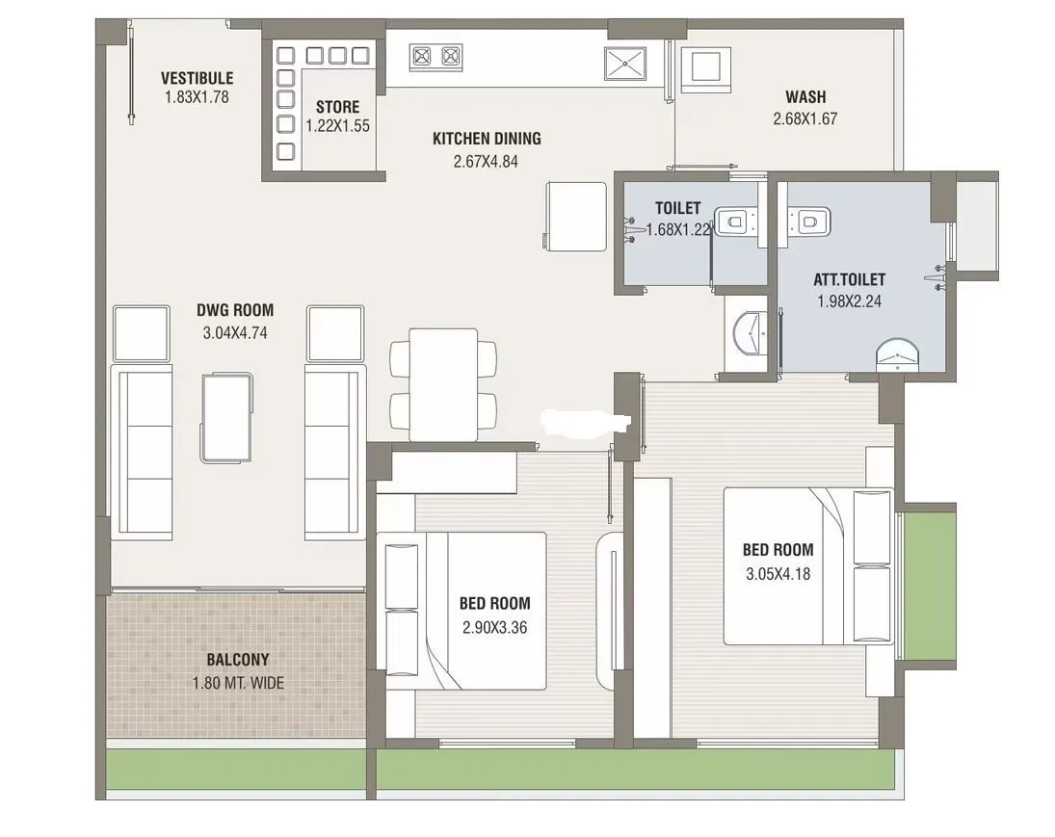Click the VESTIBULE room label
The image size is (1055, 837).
pos(197,78)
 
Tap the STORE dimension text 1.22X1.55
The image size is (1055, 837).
pos(337,125)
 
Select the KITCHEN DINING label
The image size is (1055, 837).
pos(486,139)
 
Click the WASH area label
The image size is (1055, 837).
pos(804,96)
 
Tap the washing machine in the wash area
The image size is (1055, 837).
pos(703,69)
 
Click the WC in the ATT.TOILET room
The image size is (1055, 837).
pos(804,222)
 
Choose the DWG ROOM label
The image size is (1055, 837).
pos(235,310)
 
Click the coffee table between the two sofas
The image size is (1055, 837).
pos(228,415)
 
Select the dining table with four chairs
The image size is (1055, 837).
pos(443,384)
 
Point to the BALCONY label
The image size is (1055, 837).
pos(238,660)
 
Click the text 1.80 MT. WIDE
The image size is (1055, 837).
pos(238,684)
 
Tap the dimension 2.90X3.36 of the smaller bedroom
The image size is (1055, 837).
pos(494,628)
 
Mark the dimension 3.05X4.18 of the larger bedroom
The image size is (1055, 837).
pos(778,575)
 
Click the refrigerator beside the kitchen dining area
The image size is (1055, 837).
pos(575,213)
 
